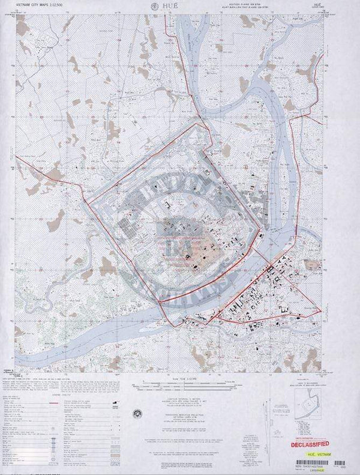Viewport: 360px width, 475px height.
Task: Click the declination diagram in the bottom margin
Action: [x=265, y=420]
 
